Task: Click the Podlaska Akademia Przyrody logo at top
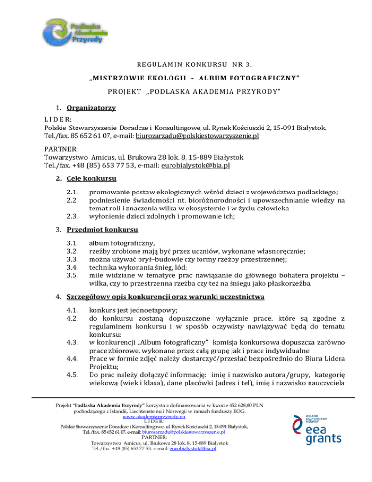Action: coord(75,32)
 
